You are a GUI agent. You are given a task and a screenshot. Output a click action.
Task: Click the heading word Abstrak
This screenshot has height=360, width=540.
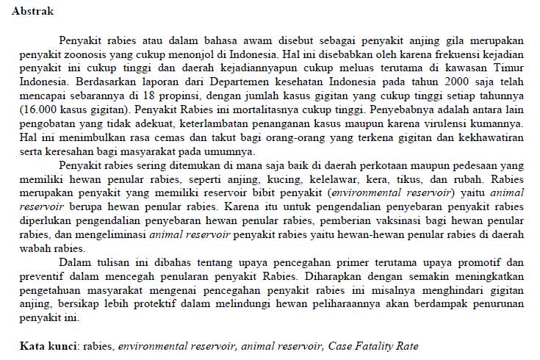pyautogui.click(x=32, y=12)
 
